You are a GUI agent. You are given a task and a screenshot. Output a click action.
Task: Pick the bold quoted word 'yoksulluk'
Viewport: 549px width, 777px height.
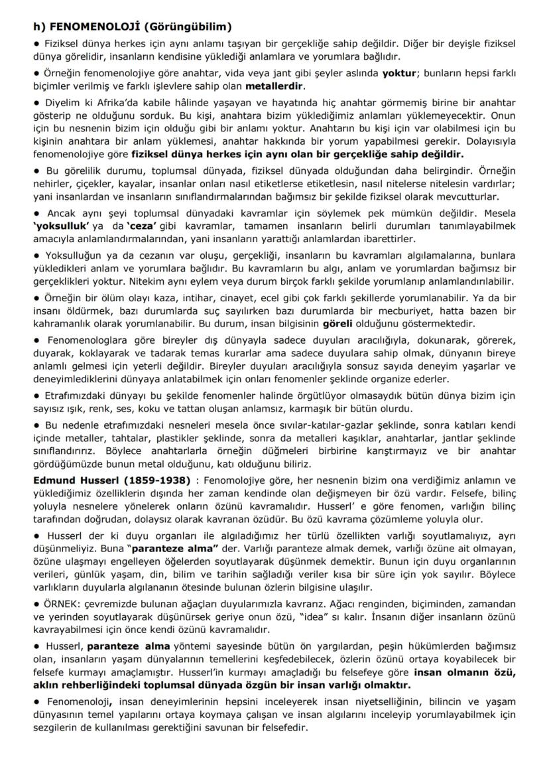[60, 226]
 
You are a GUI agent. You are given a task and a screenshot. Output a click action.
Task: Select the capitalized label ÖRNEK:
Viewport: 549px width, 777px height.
[62, 606]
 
